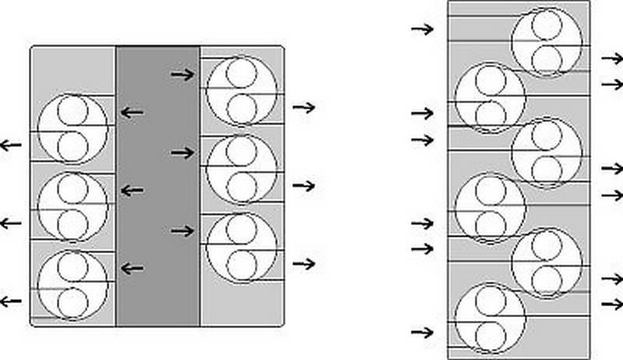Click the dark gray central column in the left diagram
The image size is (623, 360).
158,187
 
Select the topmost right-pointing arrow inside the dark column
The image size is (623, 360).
183,75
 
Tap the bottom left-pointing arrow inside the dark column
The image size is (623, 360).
132,269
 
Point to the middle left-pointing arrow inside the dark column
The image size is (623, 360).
132,191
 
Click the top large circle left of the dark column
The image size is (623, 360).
72,128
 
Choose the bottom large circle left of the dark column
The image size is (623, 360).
72,284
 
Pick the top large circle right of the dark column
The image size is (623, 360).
241,90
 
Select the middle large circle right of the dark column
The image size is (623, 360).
241,168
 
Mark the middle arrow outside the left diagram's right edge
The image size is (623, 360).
304,185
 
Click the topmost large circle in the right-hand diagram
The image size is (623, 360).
547,40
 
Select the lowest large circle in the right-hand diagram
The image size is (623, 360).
489,320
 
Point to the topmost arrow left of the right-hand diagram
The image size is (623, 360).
422,29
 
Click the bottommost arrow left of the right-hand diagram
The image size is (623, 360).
422,332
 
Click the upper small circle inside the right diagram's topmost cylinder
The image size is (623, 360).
547,24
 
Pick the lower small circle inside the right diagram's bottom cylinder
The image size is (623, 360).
490,337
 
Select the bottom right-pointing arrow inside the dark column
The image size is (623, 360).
183,231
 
